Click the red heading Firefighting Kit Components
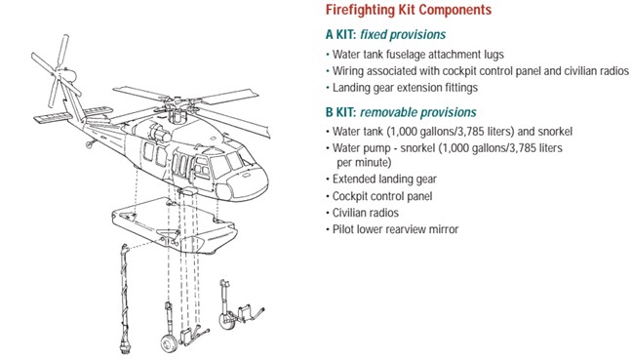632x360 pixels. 409,10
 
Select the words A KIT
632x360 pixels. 340,35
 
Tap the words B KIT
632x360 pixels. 340,112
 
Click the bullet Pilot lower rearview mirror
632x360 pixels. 392,229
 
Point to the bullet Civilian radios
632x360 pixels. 362,213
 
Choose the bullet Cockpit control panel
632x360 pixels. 378,196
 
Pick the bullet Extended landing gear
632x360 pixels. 381,179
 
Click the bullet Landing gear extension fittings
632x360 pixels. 402,88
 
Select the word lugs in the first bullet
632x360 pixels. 494,55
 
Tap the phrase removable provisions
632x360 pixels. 418,112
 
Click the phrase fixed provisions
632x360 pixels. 403,35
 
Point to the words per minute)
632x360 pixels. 364,163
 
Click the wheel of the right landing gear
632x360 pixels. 226,320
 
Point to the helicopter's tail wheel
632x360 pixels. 90,144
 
